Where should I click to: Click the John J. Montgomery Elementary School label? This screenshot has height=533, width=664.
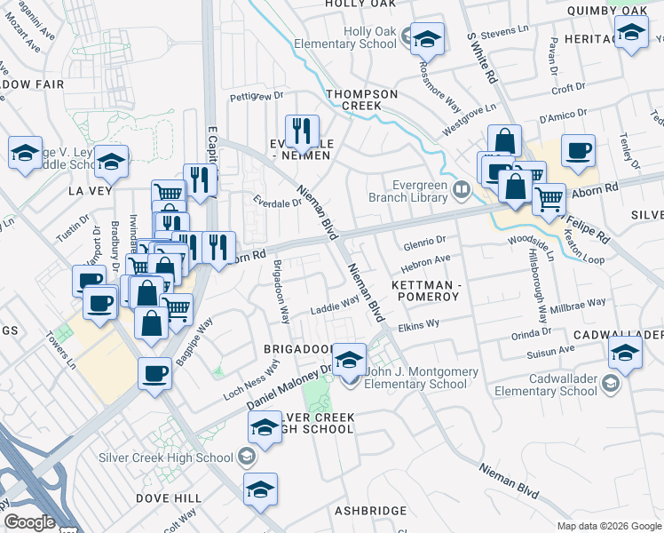click(x=416, y=378)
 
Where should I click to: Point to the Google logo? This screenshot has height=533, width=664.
click(x=28, y=521)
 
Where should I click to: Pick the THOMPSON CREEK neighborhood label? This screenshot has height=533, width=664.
click(x=353, y=99)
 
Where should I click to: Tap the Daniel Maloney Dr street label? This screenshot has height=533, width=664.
click(x=289, y=385)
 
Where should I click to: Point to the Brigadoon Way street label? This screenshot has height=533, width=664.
click(x=280, y=291)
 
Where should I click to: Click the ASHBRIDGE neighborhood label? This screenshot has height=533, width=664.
click(x=370, y=510)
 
